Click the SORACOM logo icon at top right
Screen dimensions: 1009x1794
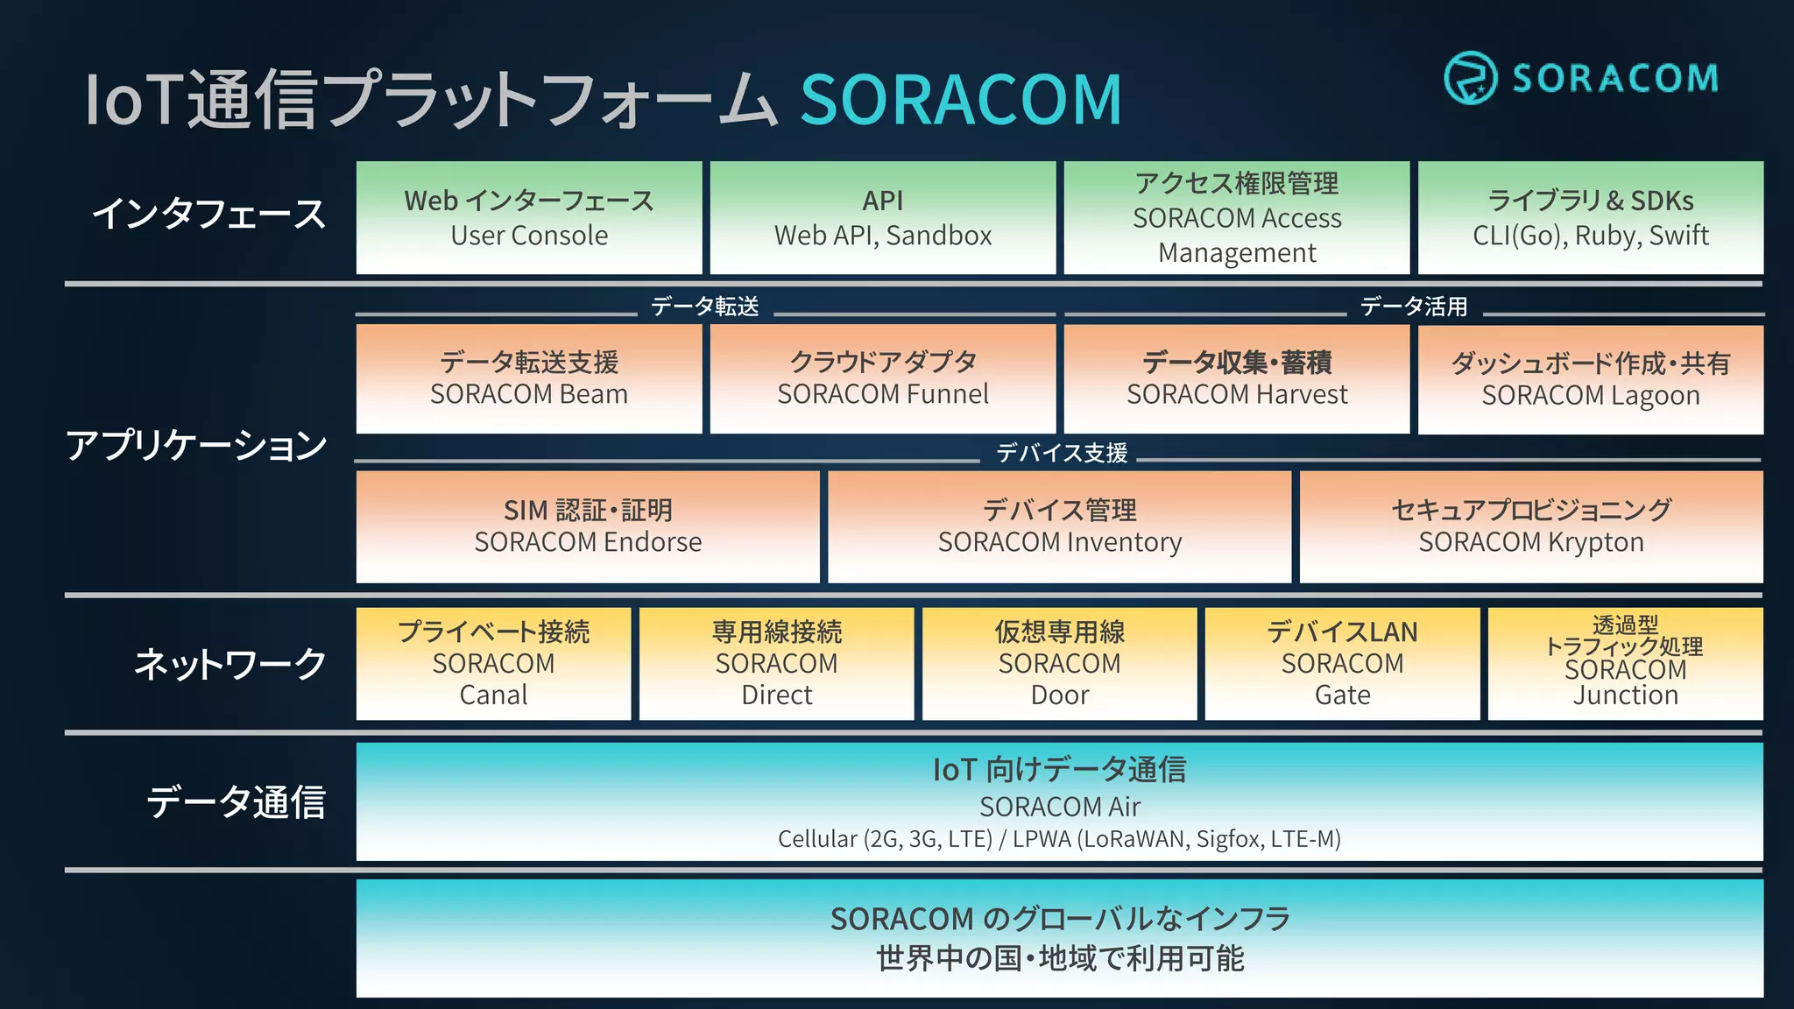[x=1470, y=78]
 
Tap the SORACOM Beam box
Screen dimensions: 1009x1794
[x=529, y=378]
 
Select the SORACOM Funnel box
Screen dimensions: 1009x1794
[x=883, y=378]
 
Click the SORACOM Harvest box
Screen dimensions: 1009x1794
[x=1237, y=378]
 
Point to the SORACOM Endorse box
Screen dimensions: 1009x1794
[x=588, y=526]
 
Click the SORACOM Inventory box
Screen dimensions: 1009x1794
[x=1060, y=526]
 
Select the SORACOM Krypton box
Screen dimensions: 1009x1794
[x=1531, y=526]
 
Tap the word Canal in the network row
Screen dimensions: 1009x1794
[x=493, y=695]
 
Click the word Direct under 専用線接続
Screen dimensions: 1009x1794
[x=777, y=695]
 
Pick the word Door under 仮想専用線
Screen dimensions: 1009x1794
[x=1060, y=695]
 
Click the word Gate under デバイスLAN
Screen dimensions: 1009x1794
[x=1343, y=695]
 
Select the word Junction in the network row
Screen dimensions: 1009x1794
[x=1626, y=695]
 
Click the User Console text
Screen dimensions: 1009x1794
[x=529, y=236]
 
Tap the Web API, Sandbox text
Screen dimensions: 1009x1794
[x=883, y=236]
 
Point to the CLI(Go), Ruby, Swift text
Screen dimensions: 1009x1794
[x=1591, y=236]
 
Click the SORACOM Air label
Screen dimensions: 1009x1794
[x=1060, y=806]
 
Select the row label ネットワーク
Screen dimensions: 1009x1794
[x=230, y=664]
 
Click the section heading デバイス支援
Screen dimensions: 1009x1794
[x=1062, y=453]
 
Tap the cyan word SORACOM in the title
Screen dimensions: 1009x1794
[x=961, y=100]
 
